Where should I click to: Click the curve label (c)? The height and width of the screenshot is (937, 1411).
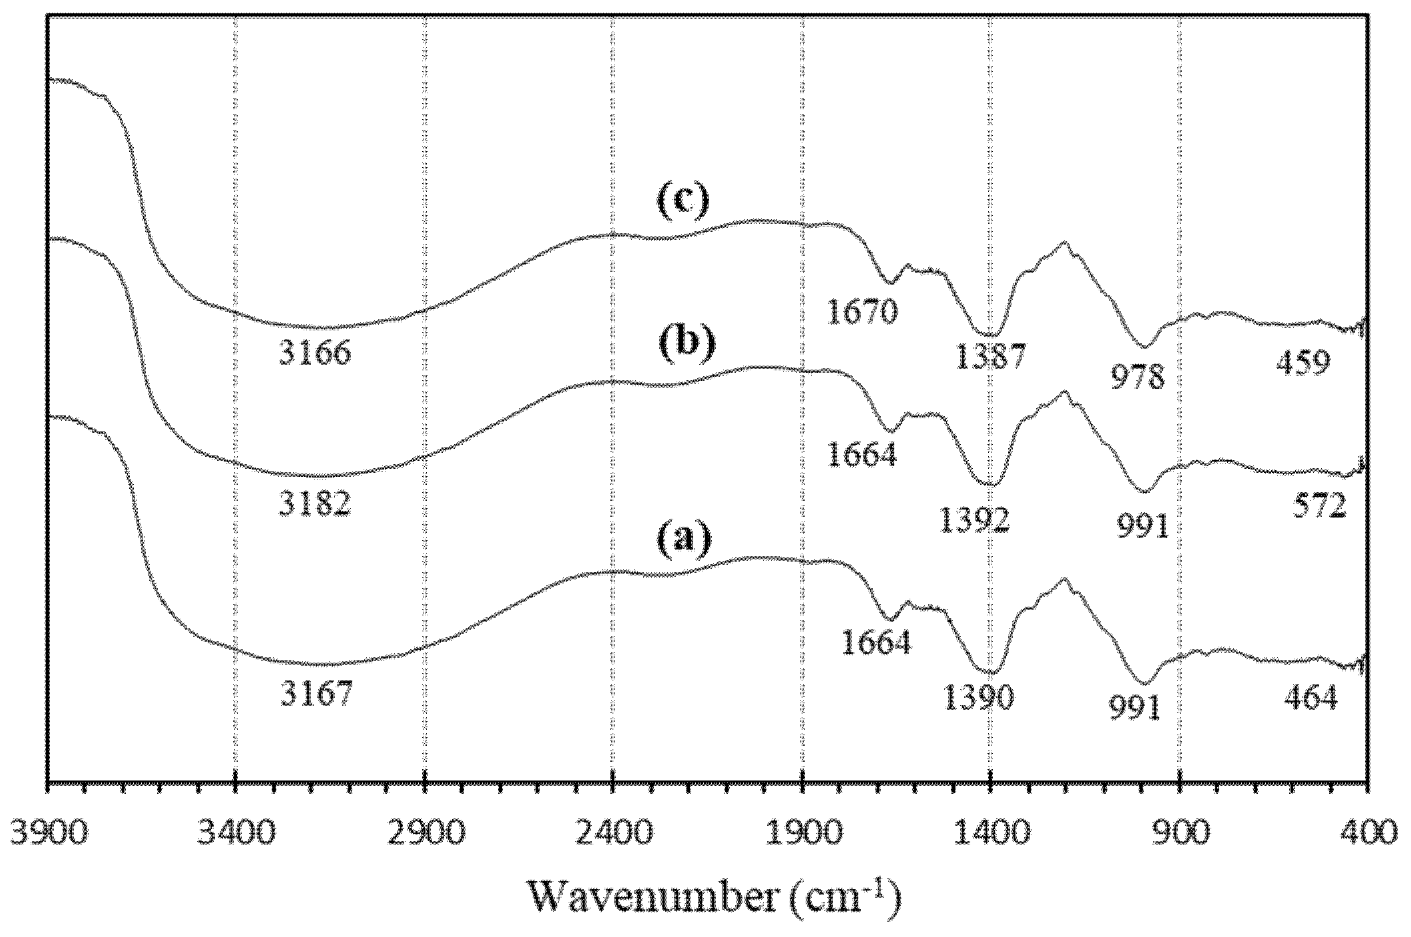683,201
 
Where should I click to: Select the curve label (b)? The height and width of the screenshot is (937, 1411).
687,344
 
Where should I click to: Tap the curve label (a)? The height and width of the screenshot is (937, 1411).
684,539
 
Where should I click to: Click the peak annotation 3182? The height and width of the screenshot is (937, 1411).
314,504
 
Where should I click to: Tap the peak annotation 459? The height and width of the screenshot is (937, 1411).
1303,364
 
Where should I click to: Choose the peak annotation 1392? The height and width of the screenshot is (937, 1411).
974,520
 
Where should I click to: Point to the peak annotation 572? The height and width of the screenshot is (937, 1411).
1319,507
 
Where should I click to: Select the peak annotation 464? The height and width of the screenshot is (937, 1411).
1310,699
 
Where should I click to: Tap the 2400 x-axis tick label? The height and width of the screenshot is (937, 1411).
613,833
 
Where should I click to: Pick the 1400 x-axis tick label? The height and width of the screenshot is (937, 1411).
991,833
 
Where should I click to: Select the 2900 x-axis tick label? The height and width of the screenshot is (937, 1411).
425,833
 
